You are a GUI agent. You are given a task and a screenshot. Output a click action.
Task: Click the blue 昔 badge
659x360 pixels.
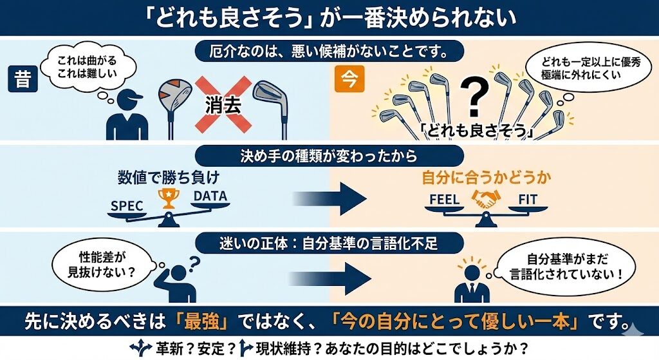click(23, 80)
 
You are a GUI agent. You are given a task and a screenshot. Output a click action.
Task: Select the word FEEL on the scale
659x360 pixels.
click(445, 200)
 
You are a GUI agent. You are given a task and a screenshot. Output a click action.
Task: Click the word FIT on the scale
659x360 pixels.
click(527, 200)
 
